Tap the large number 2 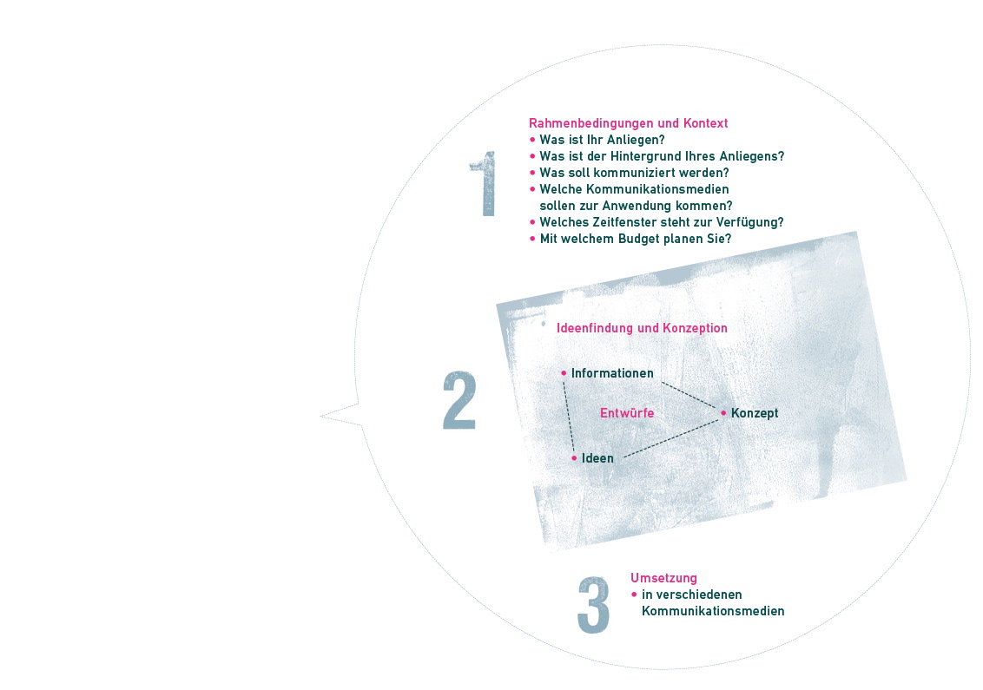point(459,400)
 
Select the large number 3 point(593,604)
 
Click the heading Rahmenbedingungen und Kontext point(628,123)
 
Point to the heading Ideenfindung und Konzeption point(642,328)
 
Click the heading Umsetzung point(663,578)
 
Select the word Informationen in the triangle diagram point(612,373)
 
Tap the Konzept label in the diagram point(754,413)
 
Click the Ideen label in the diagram point(597,458)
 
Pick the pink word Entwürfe point(627,413)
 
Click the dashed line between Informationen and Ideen point(569,417)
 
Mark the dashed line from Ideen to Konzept point(671,438)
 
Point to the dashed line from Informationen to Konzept point(689,395)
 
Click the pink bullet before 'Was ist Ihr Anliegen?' point(533,140)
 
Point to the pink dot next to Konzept point(723,413)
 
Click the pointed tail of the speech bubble point(321,416)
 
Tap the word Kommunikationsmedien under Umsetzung point(713,611)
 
